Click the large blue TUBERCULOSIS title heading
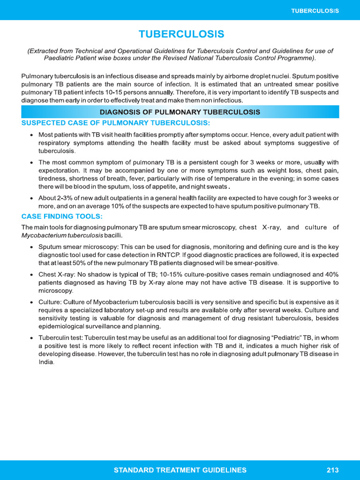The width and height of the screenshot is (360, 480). [181, 35]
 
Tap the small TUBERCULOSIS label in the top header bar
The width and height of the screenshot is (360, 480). [315, 10]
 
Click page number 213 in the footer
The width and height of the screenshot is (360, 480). [333, 470]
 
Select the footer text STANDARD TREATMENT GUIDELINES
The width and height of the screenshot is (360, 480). [180, 470]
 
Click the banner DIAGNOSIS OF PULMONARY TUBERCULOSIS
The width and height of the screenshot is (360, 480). [180, 112]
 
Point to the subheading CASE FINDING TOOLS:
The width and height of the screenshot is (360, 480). [62, 216]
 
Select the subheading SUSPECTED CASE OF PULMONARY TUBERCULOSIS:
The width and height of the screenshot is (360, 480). [116, 123]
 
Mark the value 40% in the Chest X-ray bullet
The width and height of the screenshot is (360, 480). [330, 274]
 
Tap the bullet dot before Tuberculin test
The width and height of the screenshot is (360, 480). [31, 338]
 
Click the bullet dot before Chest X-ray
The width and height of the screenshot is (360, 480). [31, 274]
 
